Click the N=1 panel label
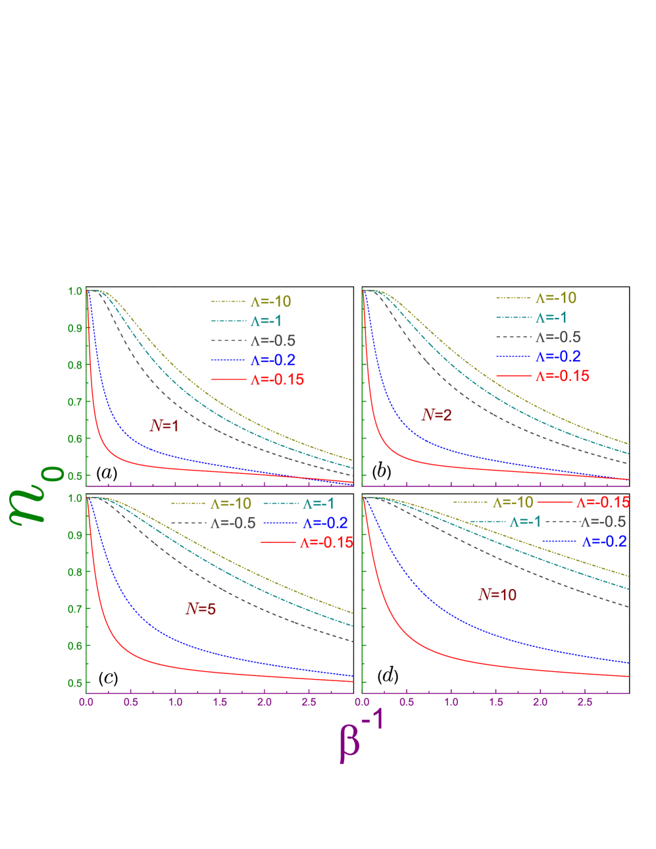[x=164, y=426]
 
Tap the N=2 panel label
[x=437, y=415]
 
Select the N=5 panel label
[x=201, y=609]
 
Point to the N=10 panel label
[x=497, y=594]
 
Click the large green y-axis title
[x=36, y=494]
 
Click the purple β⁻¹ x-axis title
[x=361, y=737]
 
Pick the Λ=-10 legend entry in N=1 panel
[x=270, y=301]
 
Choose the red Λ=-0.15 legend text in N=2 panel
[x=562, y=376]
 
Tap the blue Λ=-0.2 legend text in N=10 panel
[x=604, y=542]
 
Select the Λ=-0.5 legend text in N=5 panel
[x=233, y=523]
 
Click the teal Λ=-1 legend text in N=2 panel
[x=551, y=317]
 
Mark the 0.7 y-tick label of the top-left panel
[x=75, y=401]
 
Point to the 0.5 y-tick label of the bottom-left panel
[x=75, y=682]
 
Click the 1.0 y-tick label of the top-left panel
[x=75, y=291]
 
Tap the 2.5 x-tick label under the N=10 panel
[x=584, y=702]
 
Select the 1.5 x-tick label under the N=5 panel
[x=220, y=702]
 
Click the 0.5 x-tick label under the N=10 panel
[x=407, y=702]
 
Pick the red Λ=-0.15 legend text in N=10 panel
[x=603, y=502]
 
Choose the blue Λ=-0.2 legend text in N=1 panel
[x=272, y=360]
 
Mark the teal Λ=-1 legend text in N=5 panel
[x=318, y=504]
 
